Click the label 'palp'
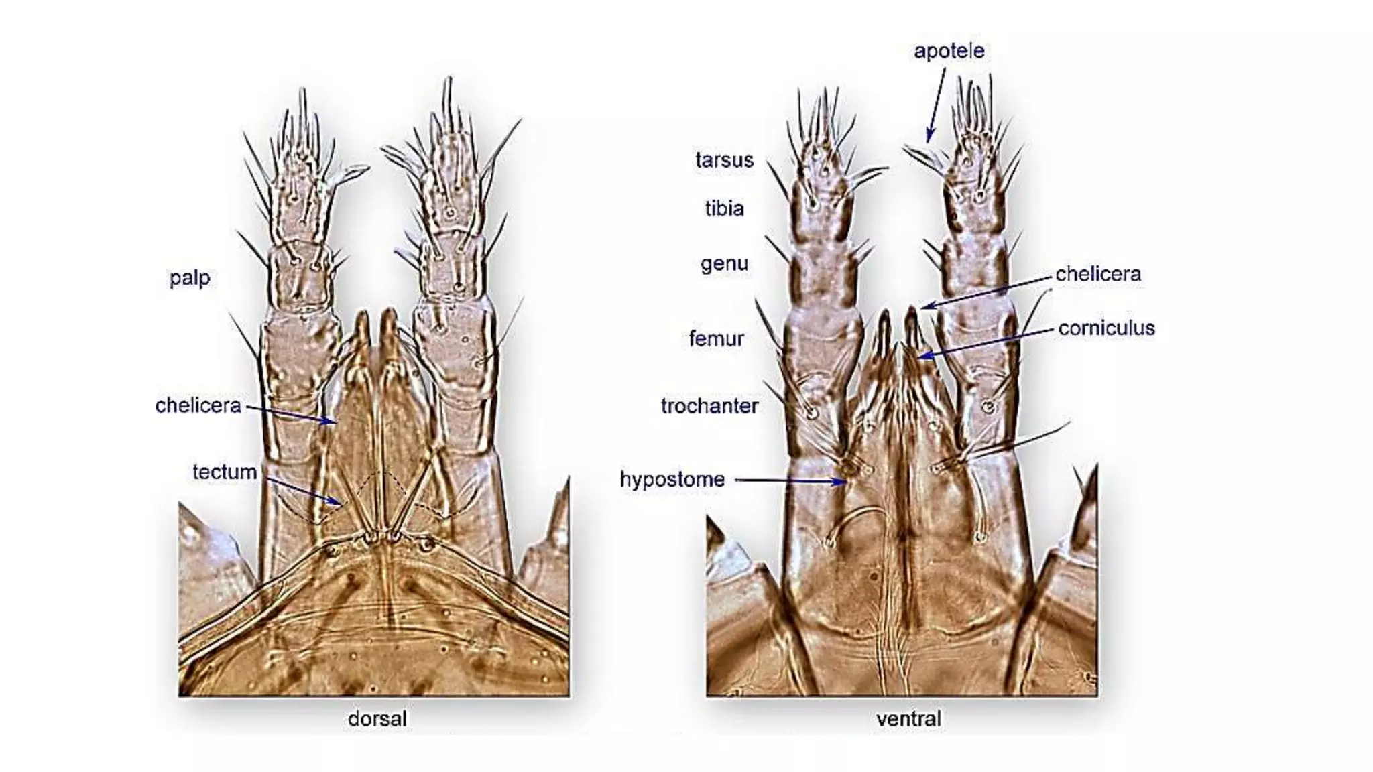pyautogui.click(x=190, y=278)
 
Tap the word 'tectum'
pyautogui.click(x=225, y=472)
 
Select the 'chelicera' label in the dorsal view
pyautogui.click(x=198, y=405)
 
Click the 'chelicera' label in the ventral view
pyautogui.click(x=1097, y=274)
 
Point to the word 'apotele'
pyautogui.click(x=949, y=51)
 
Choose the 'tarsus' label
pyautogui.click(x=724, y=160)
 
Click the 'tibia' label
pyautogui.click(x=724, y=209)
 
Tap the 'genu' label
pyautogui.click(x=724, y=264)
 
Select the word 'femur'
pyautogui.click(x=716, y=339)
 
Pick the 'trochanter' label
pyautogui.click(x=709, y=406)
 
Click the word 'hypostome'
pyautogui.click(x=672, y=480)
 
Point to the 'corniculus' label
pyautogui.click(x=1106, y=328)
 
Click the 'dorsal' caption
pyautogui.click(x=377, y=719)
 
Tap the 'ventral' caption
pyautogui.click(x=908, y=719)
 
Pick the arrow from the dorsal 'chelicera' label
pyautogui.click(x=291, y=414)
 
